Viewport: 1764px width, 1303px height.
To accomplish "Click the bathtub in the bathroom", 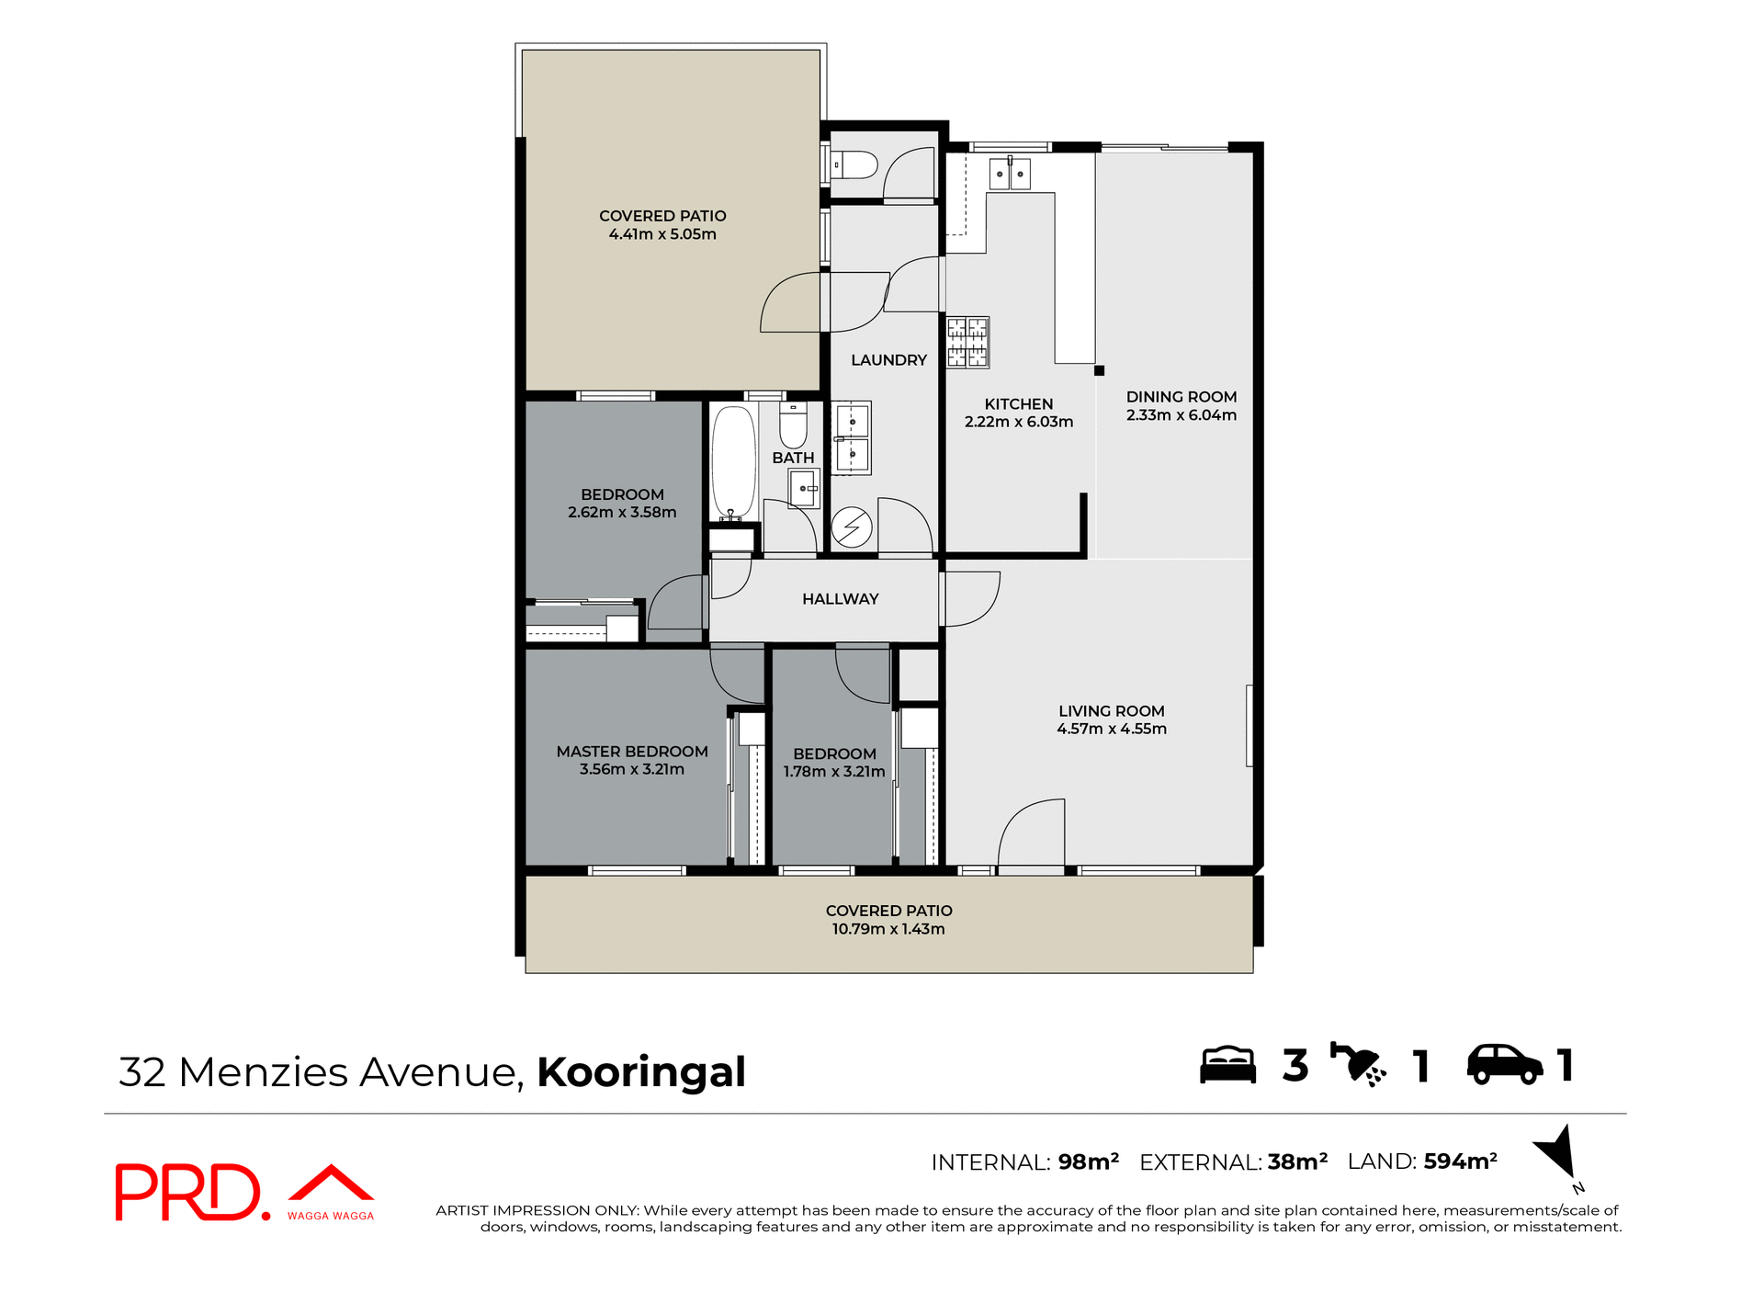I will coord(733,462).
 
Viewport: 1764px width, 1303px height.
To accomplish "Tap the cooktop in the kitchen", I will coord(967,343).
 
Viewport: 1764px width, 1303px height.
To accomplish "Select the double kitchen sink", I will coord(1010,174).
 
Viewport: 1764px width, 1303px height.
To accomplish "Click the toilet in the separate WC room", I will coord(855,165).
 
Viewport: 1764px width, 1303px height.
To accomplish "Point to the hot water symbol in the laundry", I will coord(852,527).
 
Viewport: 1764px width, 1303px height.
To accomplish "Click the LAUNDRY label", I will coord(888,360).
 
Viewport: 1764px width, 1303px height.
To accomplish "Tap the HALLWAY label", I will coord(840,599).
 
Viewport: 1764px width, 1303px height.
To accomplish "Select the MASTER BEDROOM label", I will coord(632,752).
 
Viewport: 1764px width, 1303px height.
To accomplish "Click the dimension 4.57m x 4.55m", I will coord(1112,729).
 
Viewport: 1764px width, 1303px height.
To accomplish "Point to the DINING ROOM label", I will coord(1182,397).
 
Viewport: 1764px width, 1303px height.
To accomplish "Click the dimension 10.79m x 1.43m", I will coord(888,929).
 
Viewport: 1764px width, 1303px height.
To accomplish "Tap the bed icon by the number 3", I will coord(1227,1065).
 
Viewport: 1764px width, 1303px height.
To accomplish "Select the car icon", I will coord(1504,1065).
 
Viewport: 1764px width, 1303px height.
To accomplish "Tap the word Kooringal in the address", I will coord(641,1072).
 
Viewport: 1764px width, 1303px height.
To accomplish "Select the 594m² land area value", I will coord(1460,1161).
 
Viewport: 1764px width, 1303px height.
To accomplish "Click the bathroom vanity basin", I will coord(804,488).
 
